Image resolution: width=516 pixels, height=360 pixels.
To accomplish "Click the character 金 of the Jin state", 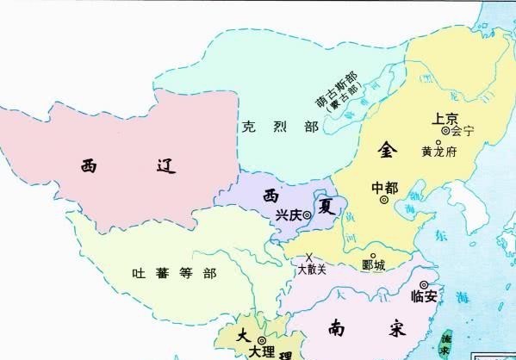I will [x=387, y=149].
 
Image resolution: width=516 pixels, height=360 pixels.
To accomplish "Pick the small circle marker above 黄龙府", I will [x=438, y=141].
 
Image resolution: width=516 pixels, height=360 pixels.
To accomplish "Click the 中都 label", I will [x=384, y=187].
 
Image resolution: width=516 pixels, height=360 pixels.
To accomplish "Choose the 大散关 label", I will [x=312, y=270].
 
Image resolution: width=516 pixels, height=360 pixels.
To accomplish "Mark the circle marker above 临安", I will [x=423, y=285].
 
